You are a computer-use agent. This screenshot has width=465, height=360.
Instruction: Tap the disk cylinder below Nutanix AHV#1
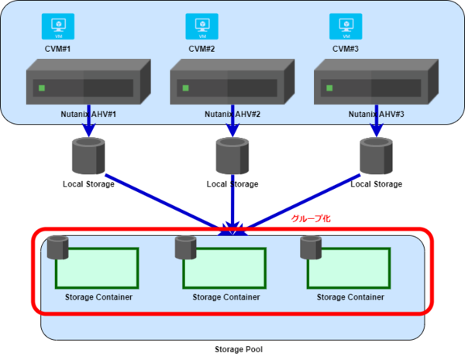(88, 156)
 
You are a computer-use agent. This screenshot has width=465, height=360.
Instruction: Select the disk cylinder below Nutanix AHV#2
(232, 156)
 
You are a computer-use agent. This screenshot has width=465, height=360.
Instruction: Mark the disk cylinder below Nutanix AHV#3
(377, 156)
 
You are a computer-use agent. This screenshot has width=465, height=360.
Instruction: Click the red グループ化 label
(310, 219)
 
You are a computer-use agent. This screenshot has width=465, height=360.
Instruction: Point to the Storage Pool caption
(239, 349)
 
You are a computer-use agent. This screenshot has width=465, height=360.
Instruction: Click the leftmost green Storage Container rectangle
(97, 269)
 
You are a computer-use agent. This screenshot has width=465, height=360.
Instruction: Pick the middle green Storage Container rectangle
(225, 269)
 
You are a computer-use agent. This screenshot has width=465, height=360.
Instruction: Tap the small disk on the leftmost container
(57, 248)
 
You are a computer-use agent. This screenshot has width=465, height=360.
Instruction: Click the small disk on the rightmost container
(311, 248)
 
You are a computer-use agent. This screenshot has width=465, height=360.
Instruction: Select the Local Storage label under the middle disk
(232, 184)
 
